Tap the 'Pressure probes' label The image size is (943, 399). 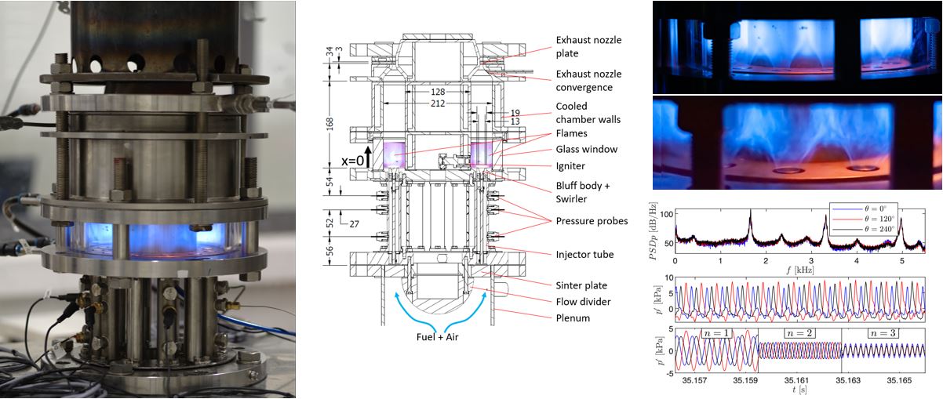pyautogui.click(x=592, y=221)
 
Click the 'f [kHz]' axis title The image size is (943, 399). pyautogui.click(x=793, y=269)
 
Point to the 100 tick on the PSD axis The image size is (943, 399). pyautogui.click(x=668, y=214)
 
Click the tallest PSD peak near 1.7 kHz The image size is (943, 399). pyautogui.click(x=750, y=210)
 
